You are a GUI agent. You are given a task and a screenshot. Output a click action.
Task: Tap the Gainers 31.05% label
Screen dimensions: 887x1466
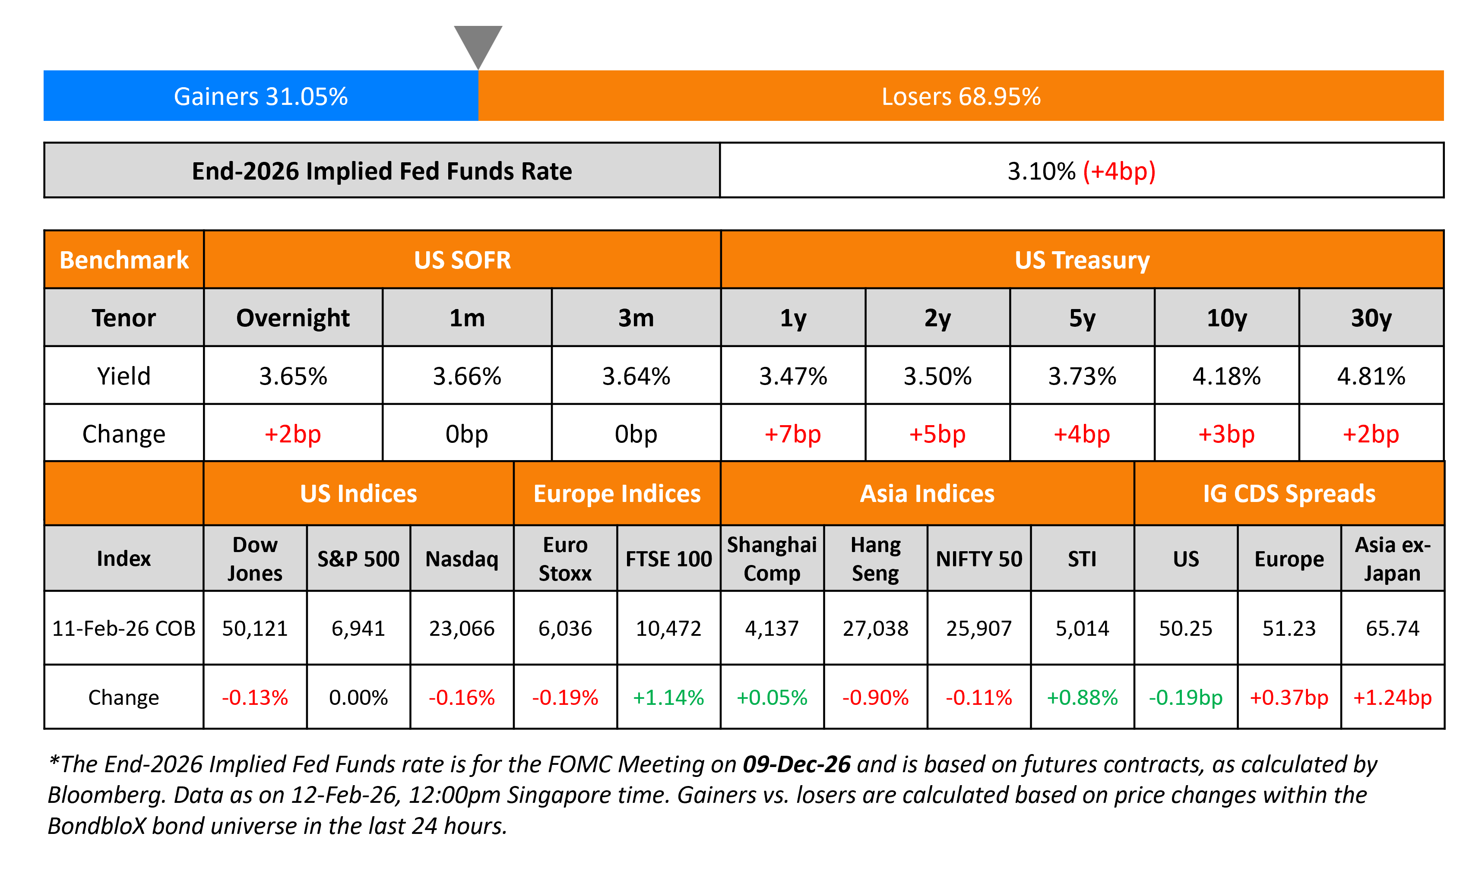point(260,96)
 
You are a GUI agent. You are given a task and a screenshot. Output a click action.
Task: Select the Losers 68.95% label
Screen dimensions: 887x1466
point(961,96)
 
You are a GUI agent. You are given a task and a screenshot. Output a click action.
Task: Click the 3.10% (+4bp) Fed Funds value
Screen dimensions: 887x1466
point(1081,171)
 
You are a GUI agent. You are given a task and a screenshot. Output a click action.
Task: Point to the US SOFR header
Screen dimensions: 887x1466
point(462,260)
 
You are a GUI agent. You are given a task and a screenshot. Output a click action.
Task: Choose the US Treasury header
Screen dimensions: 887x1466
point(1082,260)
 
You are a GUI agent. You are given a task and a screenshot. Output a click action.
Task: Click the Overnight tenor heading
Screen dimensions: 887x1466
point(293,318)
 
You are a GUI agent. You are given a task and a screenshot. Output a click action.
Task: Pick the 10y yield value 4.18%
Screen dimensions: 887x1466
point(1226,376)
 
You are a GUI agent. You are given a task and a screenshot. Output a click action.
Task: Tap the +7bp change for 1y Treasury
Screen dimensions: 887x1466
point(792,434)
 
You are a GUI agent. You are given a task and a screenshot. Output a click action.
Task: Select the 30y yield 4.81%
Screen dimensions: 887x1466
point(1371,376)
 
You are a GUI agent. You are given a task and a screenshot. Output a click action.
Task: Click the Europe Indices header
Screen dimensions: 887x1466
point(617,494)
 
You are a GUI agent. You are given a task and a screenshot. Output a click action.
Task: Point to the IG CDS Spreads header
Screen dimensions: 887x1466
point(1289,494)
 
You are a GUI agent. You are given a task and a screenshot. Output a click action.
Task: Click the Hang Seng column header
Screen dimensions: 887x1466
point(875,559)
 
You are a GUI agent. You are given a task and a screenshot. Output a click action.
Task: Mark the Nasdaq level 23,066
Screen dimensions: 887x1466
point(462,628)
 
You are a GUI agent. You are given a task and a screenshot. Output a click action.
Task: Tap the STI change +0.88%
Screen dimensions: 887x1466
point(1082,697)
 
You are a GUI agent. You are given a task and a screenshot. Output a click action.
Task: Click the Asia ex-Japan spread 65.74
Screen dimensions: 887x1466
point(1392,628)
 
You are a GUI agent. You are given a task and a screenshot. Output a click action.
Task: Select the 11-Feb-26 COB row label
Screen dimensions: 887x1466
point(124,628)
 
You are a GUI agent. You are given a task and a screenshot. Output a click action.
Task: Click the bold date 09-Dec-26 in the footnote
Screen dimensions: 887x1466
point(796,764)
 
